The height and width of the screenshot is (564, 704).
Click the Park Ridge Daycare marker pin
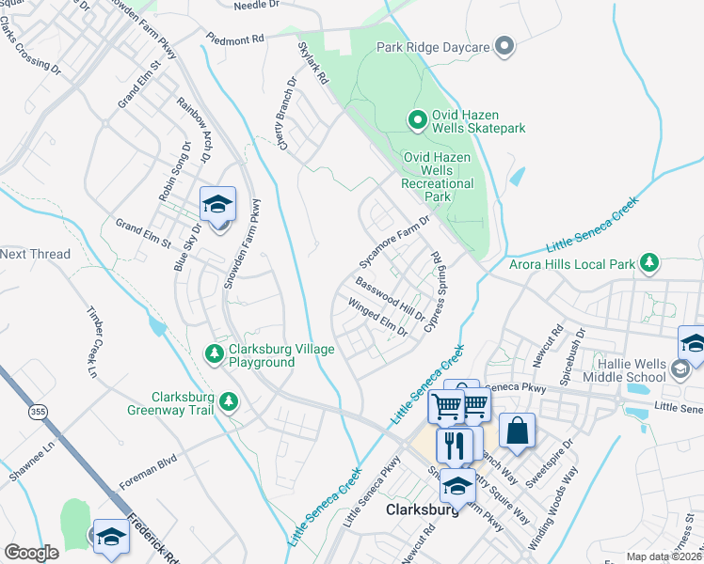click(504, 45)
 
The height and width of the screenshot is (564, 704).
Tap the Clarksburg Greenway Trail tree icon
click(228, 402)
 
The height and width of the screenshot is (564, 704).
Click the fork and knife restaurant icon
click(457, 446)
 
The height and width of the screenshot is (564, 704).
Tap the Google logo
click(32, 553)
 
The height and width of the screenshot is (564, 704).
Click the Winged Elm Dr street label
click(377, 318)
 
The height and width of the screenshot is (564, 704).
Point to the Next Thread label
click(36, 254)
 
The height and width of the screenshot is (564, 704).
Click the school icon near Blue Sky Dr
click(217, 205)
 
